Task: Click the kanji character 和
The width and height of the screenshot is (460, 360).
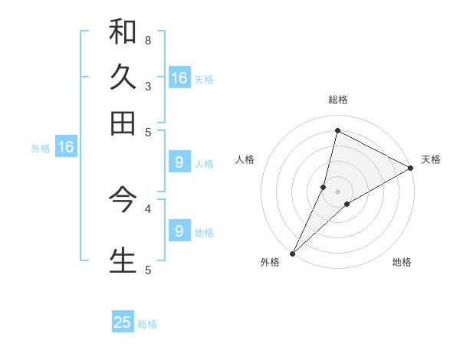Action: pos(123,31)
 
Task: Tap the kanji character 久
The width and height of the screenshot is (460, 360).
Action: pos(123,77)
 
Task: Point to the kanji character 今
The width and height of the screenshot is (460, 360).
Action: pos(123,200)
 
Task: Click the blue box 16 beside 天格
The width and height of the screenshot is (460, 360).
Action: pos(179,78)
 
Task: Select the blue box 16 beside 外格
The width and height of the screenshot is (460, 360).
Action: pos(65,147)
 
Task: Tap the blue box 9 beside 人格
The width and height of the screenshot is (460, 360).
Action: pos(179,162)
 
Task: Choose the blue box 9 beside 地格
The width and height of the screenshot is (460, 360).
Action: pos(179,231)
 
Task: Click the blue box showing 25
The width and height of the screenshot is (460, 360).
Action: pos(123,322)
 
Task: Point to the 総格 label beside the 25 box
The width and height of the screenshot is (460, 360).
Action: pos(147,324)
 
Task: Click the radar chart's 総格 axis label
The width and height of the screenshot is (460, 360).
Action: pos(337,100)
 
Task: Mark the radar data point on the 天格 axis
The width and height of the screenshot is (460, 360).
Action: pos(411,168)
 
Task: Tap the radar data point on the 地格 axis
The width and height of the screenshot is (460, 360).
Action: pos(347,204)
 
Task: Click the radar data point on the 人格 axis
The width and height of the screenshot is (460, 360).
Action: pos(324,187)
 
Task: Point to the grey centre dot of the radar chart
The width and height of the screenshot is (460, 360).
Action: pos(337,191)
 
